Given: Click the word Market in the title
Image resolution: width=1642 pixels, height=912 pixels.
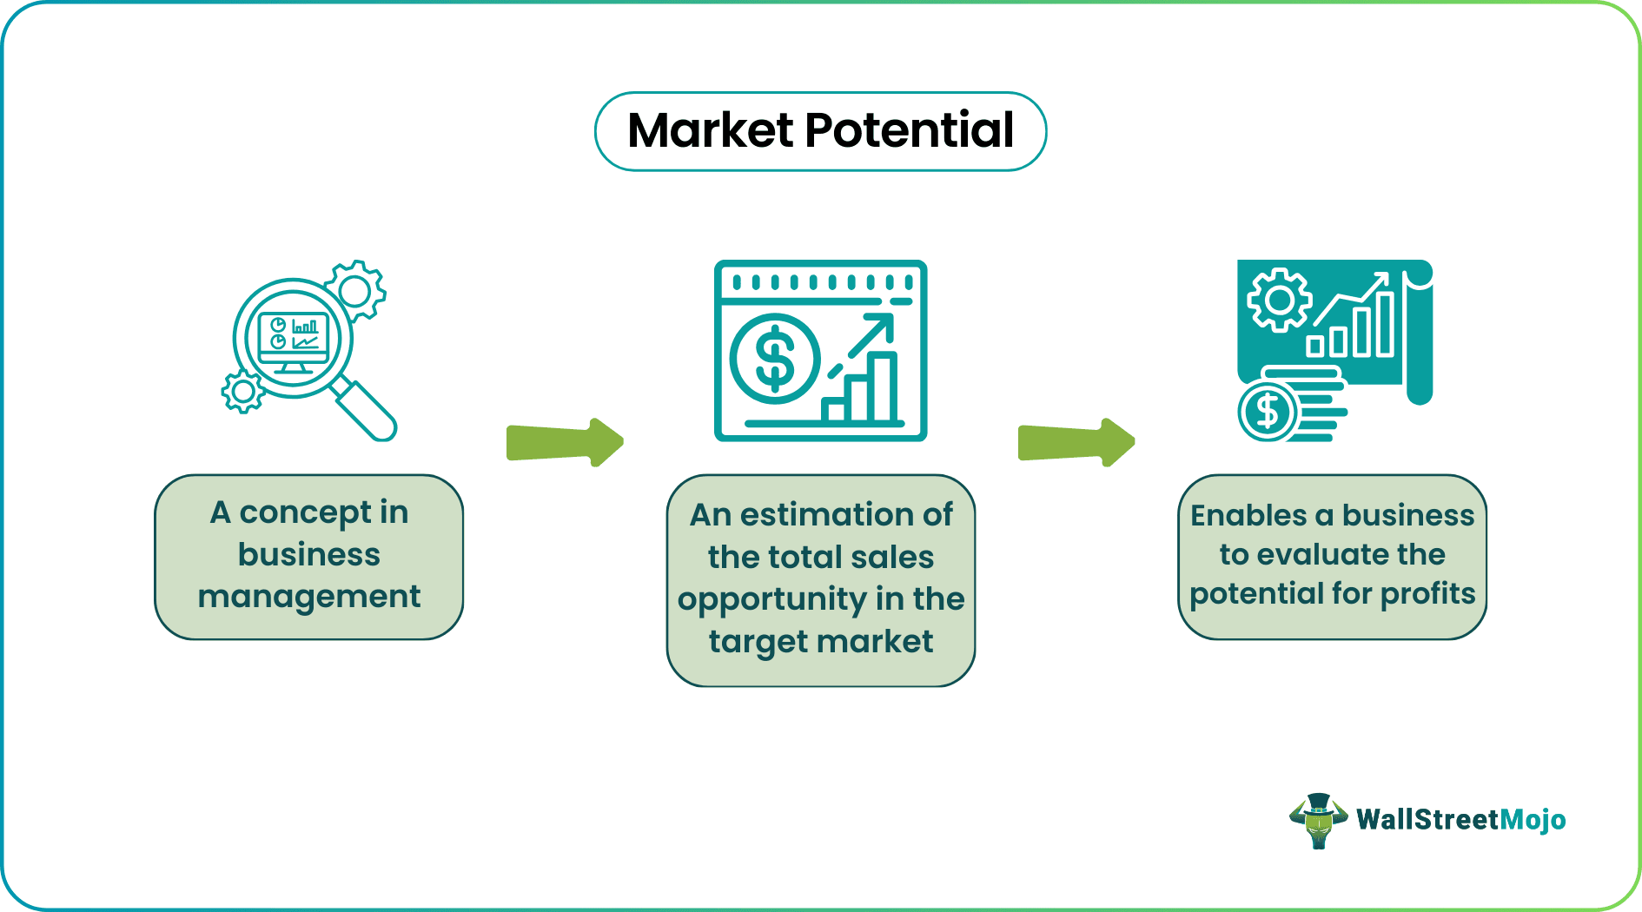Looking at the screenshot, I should (711, 131).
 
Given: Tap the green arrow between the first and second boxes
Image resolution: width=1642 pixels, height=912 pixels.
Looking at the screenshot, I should (565, 442).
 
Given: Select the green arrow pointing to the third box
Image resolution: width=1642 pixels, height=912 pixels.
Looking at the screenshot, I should (1076, 442).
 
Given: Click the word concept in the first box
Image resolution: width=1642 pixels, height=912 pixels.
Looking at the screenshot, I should (305, 513).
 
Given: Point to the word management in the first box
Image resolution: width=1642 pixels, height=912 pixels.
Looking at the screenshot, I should (309, 598).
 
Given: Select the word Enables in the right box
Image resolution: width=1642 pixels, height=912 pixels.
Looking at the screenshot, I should (1248, 516).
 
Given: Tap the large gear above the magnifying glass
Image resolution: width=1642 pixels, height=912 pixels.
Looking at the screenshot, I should (356, 289).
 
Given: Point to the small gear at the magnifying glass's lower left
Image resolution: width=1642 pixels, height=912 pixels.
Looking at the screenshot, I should (242, 392).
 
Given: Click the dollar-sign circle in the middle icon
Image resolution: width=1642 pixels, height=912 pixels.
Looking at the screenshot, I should (775, 359).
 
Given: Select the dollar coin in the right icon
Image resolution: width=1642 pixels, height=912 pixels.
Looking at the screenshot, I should (1268, 412).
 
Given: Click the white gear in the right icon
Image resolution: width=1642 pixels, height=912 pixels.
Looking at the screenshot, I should (1279, 301).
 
